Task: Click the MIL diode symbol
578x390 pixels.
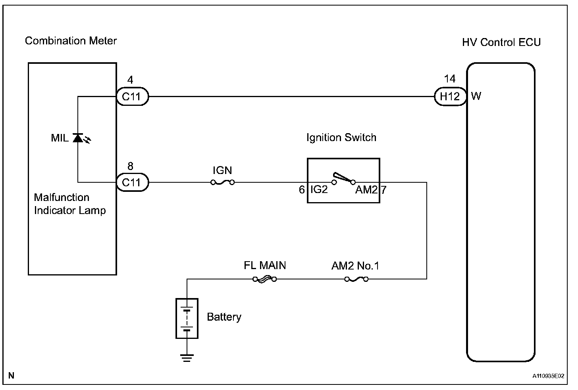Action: point(78,138)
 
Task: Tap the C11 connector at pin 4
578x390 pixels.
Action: point(132,97)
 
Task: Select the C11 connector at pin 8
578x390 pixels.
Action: point(132,182)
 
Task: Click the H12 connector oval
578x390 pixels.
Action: point(450,97)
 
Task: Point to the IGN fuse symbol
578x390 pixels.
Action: point(222,182)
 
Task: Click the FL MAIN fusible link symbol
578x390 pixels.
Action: point(265,279)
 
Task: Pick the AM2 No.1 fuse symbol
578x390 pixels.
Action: point(356,279)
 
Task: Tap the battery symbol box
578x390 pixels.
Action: point(187,318)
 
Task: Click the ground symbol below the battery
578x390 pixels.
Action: point(187,358)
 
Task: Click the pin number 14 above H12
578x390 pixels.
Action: point(449,79)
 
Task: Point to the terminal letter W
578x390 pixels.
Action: point(476,96)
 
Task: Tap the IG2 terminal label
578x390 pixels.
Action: point(319,189)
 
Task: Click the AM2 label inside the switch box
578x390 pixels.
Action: point(366,190)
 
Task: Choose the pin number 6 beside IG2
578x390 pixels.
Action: point(302,189)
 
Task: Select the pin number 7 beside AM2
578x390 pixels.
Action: point(384,190)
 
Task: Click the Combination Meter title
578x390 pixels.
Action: point(71,41)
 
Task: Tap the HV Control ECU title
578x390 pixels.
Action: point(501,42)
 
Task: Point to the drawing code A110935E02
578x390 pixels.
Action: point(548,376)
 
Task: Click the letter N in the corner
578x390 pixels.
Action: point(11,376)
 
